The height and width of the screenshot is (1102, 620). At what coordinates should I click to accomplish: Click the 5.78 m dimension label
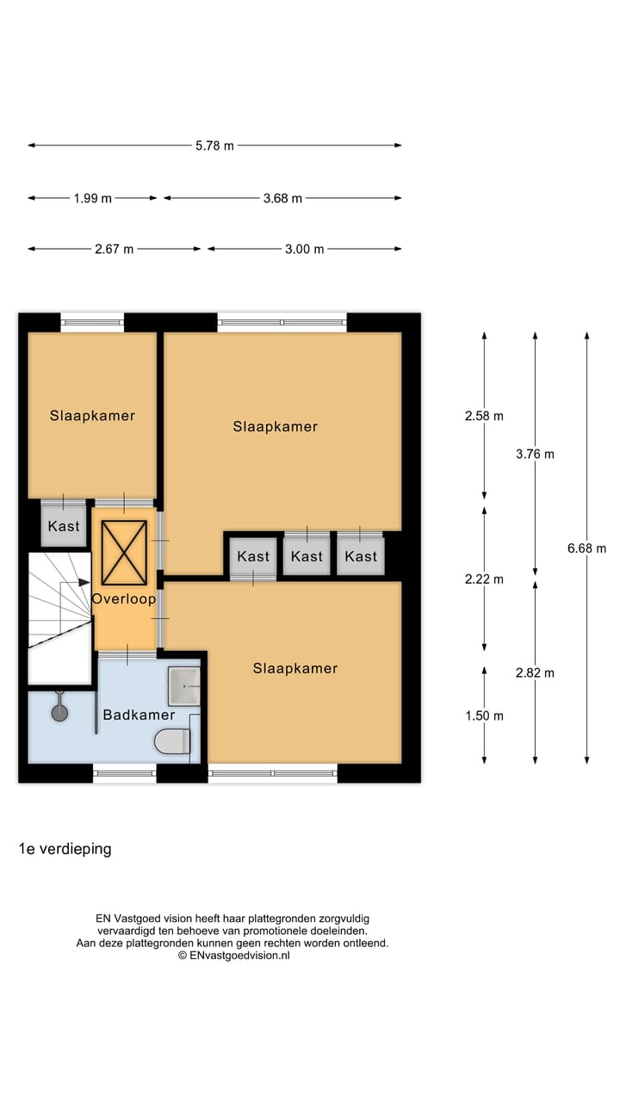click(214, 145)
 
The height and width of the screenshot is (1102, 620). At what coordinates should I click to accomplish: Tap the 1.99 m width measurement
click(92, 198)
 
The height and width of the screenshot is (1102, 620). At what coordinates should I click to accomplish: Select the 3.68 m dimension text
click(282, 198)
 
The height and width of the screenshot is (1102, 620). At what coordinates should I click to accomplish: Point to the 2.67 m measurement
click(114, 250)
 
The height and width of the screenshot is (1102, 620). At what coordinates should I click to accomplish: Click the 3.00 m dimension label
click(304, 250)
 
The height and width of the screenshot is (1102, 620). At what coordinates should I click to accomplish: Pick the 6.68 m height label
click(587, 548)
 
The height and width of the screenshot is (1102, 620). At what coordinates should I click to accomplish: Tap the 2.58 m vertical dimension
click(484, 416)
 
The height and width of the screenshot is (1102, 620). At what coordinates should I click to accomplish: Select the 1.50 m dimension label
click(484, 715)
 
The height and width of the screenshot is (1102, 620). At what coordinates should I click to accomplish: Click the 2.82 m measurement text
click(535, 673)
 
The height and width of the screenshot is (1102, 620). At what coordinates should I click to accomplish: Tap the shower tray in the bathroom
click(184, 685)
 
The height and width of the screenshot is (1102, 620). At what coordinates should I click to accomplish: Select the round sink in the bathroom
click(59, 712)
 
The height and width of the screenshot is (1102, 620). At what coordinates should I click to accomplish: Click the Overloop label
click(124, 598)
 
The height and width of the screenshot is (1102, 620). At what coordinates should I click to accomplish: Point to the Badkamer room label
click(139, 715)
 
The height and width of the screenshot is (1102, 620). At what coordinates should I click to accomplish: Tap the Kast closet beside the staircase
click(64, 526)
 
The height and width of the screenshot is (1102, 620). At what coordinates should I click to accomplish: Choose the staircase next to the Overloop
click(59, 616)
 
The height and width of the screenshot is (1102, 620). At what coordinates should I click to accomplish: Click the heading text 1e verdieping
click(65, 849)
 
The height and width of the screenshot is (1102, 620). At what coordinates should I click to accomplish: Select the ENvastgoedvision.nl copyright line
click(233, 955)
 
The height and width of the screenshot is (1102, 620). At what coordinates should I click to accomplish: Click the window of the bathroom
click(125, 773)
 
